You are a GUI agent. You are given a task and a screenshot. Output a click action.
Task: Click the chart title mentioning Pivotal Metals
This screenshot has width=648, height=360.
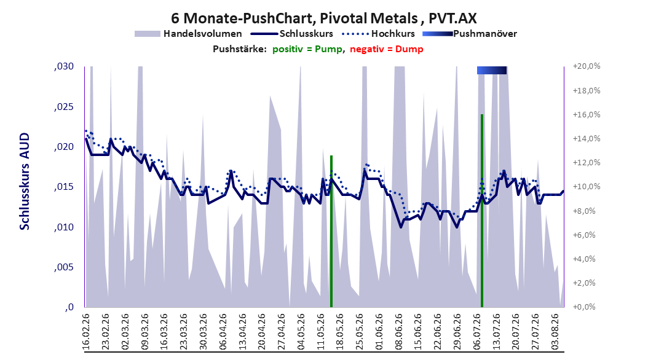point(323,18)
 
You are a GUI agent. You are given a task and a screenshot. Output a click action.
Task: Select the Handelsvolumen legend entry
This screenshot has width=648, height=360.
point(189,34)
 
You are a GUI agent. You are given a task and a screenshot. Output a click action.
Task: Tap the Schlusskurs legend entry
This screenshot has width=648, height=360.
point(292,34)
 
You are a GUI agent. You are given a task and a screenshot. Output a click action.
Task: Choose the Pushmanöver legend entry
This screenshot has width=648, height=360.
point(470,34)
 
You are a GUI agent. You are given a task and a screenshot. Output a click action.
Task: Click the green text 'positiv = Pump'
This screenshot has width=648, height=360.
point(307,49)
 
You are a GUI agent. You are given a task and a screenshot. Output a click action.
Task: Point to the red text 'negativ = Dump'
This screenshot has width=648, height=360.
point(387,49)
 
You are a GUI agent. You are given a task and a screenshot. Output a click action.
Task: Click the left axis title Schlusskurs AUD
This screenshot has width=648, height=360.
point(25,182)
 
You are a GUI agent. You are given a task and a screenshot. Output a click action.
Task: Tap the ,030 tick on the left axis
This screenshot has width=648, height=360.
point(64,66)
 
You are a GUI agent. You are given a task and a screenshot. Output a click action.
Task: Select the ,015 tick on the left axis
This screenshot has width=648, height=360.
point(64,187)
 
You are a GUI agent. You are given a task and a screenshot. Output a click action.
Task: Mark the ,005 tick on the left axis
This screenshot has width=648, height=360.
point(64,267)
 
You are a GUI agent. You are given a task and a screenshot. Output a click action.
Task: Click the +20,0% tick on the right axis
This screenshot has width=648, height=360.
point(587,66)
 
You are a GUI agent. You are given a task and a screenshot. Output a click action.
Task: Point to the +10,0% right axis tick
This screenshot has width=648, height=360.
point(587,187)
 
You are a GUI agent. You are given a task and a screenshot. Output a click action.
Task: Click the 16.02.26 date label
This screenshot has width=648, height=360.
point(86,332)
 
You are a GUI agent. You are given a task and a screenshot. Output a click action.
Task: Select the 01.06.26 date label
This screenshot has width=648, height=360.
point(379,332)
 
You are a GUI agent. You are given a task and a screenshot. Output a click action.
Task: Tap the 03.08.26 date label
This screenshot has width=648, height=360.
point(555,332)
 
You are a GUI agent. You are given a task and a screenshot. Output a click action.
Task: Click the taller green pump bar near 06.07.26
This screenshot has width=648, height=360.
point(482,211)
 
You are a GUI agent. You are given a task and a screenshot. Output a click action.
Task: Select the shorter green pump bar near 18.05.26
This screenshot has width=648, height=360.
point(331,231)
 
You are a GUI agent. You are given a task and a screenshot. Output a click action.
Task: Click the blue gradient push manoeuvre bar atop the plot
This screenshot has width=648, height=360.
point(492,70)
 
